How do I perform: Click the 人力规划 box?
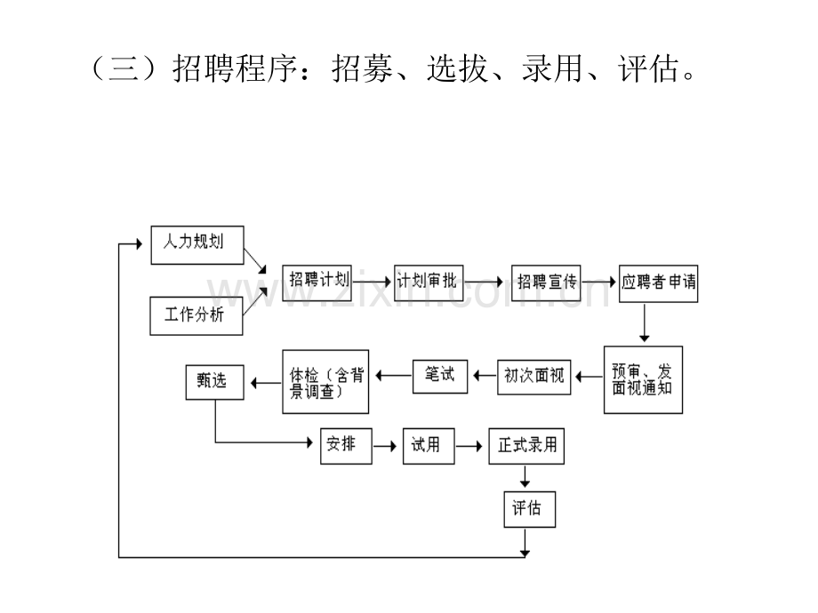click(197, 245)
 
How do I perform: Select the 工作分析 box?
click(196, 316)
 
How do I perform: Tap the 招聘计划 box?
click(317, 283)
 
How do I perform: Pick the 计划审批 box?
click(429, 283)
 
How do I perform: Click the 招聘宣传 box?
click(546, 283)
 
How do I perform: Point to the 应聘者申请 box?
click(658, 283)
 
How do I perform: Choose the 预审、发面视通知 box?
click(643, 380)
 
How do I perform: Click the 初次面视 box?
click(533, 377)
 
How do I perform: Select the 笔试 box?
click(440, 377)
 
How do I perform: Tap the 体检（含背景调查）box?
click(325, 382)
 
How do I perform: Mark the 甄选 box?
click(214, 382)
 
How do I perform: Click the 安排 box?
click(346, 446)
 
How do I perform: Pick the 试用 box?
click(429, 446)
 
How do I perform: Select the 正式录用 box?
click(526, 446)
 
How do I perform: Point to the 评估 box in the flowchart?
click(530, 509)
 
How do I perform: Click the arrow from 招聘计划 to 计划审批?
click(372, 282)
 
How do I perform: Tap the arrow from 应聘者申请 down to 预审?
click(645, 322)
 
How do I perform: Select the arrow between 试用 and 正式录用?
click(469, 446)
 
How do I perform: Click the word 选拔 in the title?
click(457, 68)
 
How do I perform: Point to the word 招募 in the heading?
click(362, 68)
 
